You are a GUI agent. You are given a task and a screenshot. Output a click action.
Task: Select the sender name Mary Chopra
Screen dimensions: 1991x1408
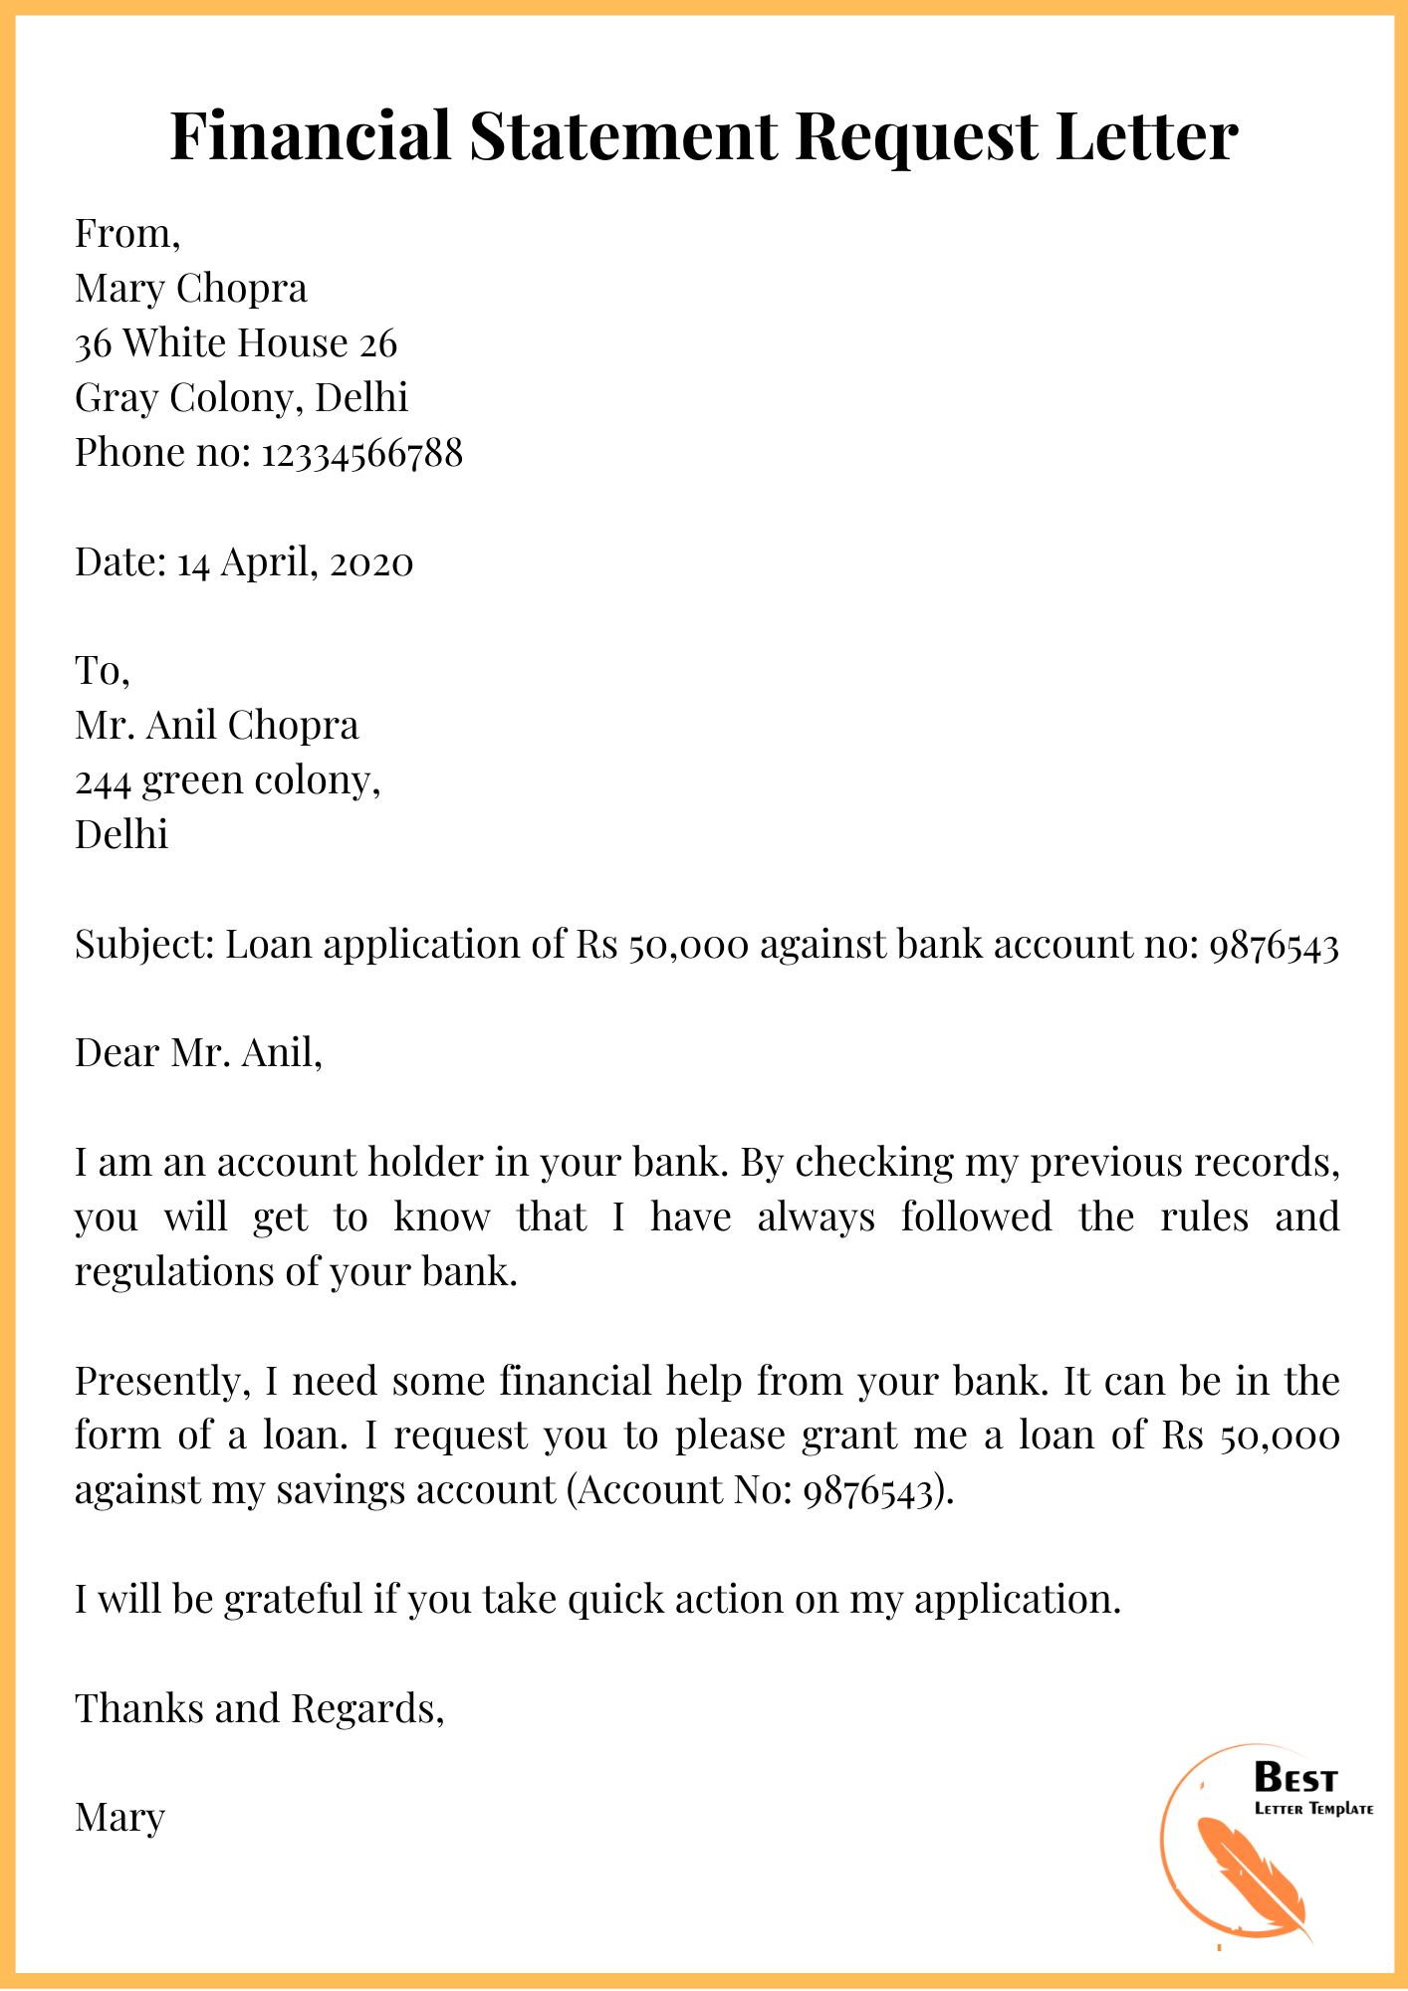191,289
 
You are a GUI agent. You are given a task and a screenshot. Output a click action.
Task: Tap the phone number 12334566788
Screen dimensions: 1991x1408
362,453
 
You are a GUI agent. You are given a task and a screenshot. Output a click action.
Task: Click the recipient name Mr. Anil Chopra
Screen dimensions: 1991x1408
216,726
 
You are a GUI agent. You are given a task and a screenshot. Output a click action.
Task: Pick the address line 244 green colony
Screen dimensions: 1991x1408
228,780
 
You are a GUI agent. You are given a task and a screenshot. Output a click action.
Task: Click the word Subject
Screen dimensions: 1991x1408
143,944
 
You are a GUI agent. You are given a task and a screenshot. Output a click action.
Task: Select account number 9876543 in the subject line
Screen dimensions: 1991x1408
1274,945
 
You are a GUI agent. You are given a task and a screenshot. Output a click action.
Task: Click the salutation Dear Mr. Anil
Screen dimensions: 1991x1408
198,1053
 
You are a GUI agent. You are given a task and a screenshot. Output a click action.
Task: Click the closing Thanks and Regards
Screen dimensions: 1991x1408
259,1708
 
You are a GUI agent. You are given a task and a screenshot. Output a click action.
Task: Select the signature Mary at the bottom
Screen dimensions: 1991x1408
119,1818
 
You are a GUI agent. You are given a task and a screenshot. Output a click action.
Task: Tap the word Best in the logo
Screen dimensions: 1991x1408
1295,1778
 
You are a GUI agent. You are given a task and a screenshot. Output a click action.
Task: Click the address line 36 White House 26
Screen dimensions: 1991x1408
236,343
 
